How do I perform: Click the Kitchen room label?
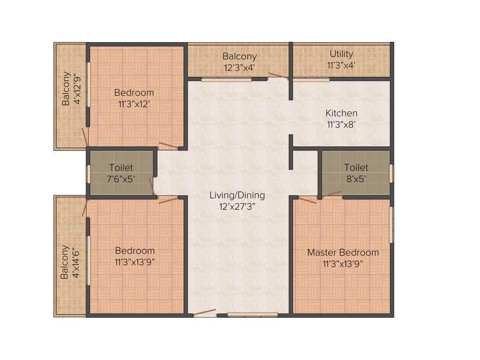341,113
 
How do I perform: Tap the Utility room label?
341,54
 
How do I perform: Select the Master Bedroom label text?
343,253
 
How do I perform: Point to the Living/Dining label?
237,195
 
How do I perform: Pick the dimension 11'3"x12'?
134,104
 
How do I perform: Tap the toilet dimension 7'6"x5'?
121,179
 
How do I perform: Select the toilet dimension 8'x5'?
356,179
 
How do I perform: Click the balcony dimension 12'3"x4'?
240,67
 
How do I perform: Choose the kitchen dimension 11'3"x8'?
341,125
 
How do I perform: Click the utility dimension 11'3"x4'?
341,66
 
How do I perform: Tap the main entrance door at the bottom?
205,313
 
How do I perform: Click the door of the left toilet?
152,186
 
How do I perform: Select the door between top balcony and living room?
278,75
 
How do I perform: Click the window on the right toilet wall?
391,173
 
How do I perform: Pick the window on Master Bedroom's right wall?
392,225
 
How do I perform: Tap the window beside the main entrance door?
252,314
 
